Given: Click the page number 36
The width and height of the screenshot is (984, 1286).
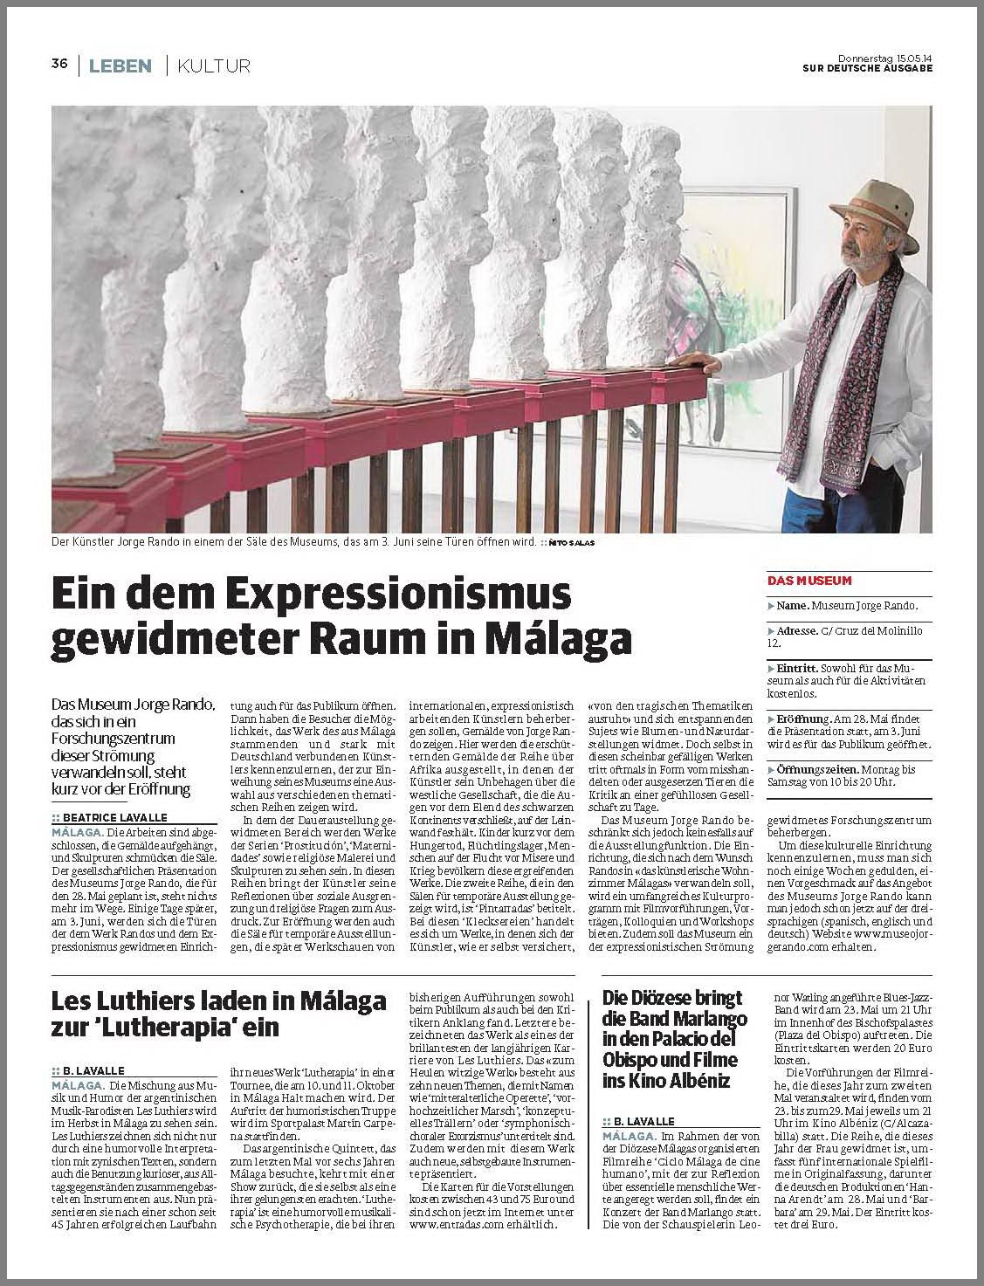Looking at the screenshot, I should [x=59, y=64].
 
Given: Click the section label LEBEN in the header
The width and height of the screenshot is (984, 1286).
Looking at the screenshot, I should [x=120, y=65].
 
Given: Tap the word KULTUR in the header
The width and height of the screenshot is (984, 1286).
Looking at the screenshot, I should [x=214, y=65].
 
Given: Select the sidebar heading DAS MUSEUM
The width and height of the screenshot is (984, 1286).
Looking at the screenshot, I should [x=809, y=581].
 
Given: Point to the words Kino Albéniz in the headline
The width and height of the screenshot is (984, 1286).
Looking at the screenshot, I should [x=673, y=1082].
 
